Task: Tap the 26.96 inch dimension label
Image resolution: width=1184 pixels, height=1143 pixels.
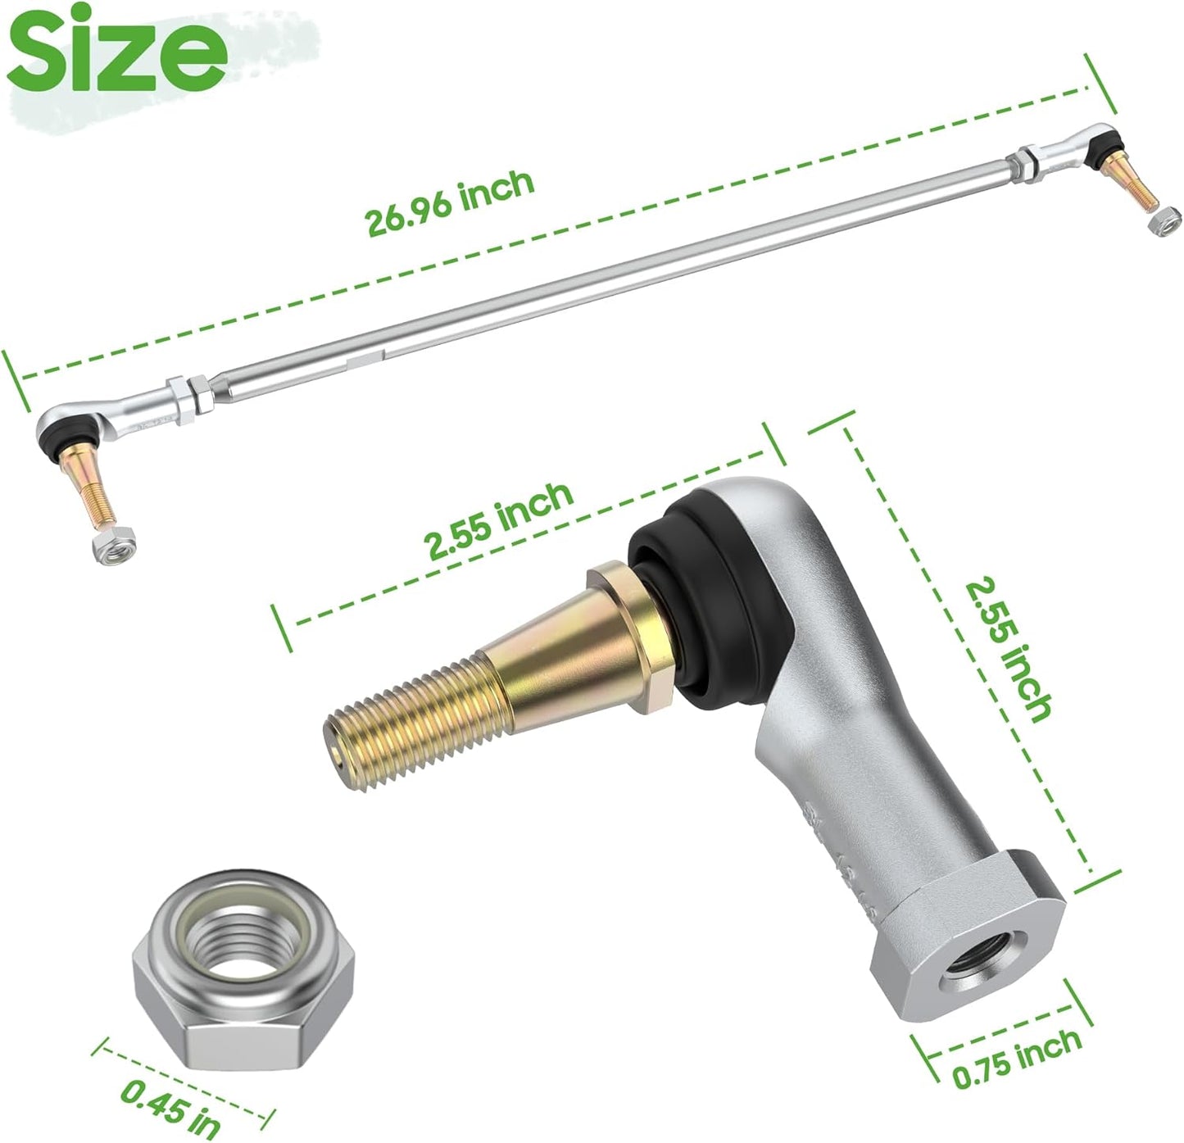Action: [x=449, y=203]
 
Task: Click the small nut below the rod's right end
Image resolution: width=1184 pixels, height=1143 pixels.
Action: [x=1164, y=222]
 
